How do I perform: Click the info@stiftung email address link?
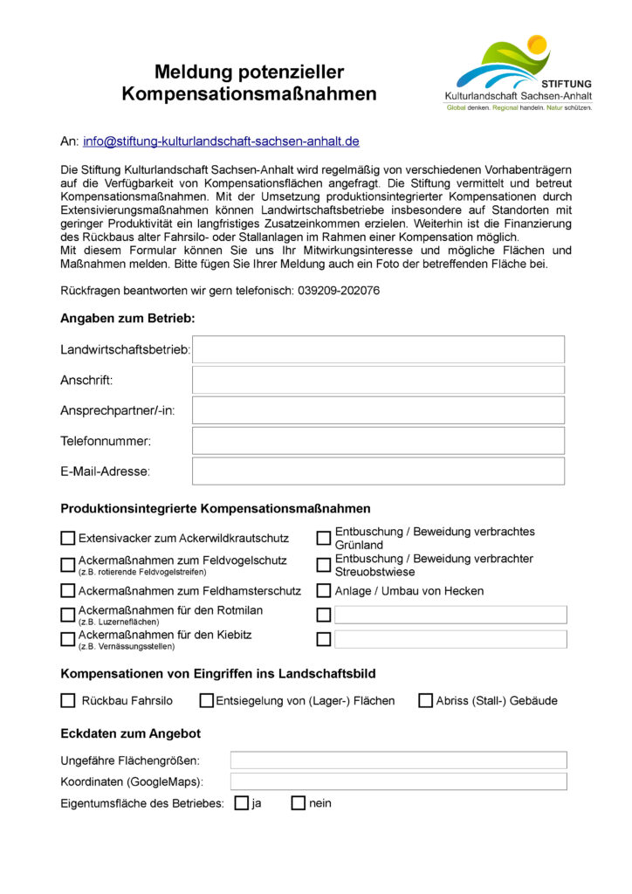click(221, 141)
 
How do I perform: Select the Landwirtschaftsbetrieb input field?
click(378, 349)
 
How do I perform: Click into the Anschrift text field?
click(378, 380)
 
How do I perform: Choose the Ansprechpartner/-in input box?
click(378, 410)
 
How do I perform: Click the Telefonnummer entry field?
click(378, 441)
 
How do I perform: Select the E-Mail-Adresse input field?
click(378, 471)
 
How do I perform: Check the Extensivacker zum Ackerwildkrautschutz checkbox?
click(68, 539)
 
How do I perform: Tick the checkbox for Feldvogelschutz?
click(68, 565)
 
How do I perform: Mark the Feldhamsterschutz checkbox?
click(68, 591)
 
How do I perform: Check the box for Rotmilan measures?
click(68, 615)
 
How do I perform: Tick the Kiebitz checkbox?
click(68, 639)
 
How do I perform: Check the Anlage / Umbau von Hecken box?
click(324, 591)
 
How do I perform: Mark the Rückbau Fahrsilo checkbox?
click(68, 700)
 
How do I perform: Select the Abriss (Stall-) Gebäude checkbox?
click(426, 700)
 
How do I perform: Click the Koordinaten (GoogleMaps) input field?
click(398, 781)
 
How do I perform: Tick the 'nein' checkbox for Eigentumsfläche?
click(299, 803)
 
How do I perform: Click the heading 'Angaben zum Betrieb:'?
click(127, 319)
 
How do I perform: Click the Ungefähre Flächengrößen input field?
click(398, 760)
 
